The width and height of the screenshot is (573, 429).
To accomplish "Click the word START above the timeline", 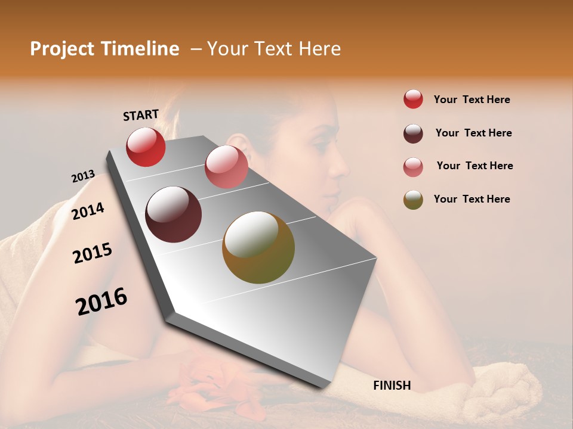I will (141, 115).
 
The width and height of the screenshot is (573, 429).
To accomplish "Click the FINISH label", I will (392, 386).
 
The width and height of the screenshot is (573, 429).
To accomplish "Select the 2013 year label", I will (83, 176).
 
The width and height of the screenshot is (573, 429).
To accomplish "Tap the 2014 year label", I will (88, 211).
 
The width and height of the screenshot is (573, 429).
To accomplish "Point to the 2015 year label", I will (93, 254).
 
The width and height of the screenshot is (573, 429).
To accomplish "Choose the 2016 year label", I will (101, 301).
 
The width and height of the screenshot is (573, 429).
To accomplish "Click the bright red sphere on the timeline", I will (146, 147).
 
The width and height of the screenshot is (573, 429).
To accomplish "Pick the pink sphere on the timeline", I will (226, 167).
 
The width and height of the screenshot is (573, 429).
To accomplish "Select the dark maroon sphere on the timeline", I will (174, 214).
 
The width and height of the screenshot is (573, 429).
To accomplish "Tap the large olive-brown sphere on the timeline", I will (258, 247).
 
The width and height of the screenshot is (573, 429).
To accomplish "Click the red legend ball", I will (413, 99).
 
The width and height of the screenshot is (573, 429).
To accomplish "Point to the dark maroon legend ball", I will (413, 133).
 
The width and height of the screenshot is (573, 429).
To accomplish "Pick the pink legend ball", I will (413, 167).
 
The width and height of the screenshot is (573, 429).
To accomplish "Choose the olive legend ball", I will (413, 200).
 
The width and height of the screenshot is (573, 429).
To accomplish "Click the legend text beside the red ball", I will (472, 100).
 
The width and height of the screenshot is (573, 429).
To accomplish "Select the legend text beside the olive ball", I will (472, 199).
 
